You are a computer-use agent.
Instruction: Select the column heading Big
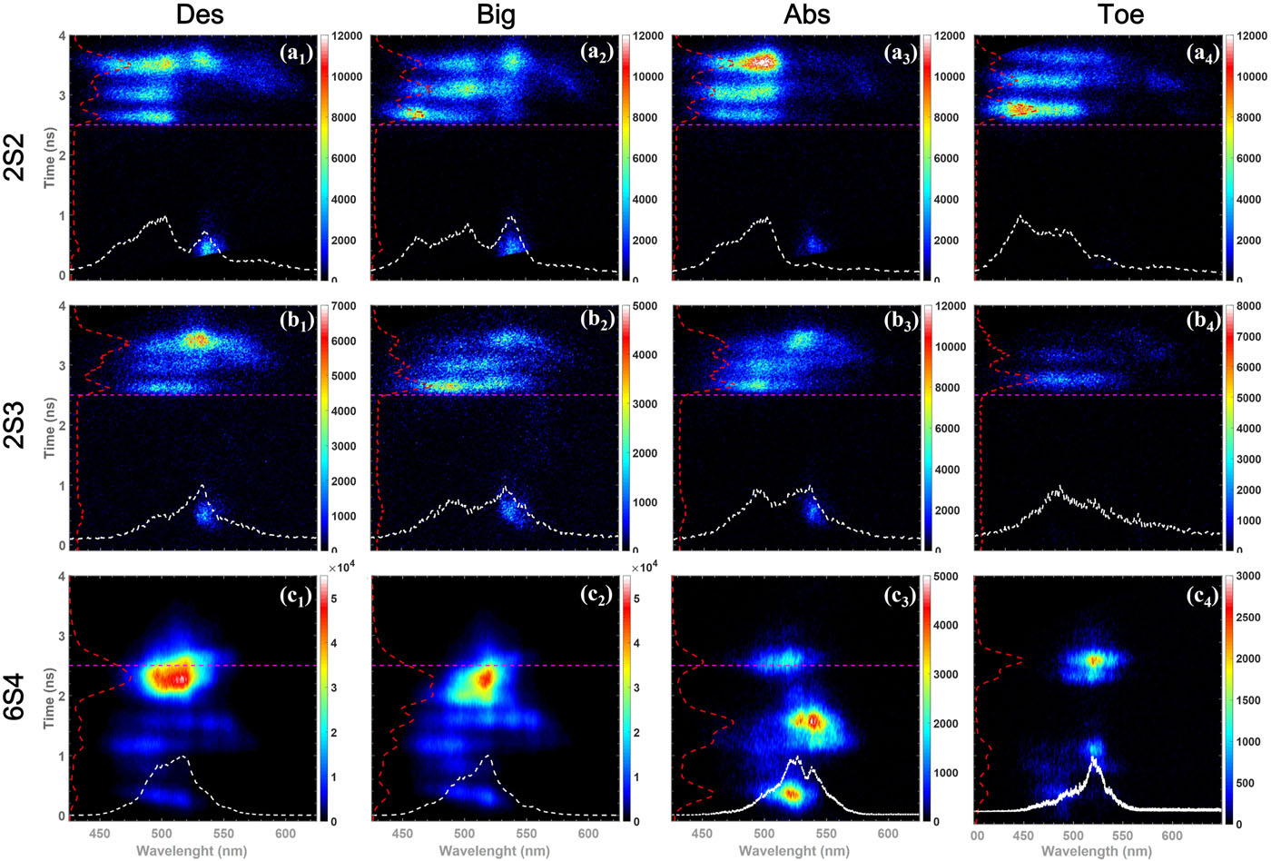496,15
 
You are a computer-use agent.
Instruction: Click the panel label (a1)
296,53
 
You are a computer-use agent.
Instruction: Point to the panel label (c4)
1202,593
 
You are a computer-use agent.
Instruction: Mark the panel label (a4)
1202,53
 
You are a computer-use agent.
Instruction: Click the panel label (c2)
597,593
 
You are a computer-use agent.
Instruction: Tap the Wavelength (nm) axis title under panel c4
1096,852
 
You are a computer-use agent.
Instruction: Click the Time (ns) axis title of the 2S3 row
51,427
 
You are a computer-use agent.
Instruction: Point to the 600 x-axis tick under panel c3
888,834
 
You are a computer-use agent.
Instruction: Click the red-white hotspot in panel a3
761,62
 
